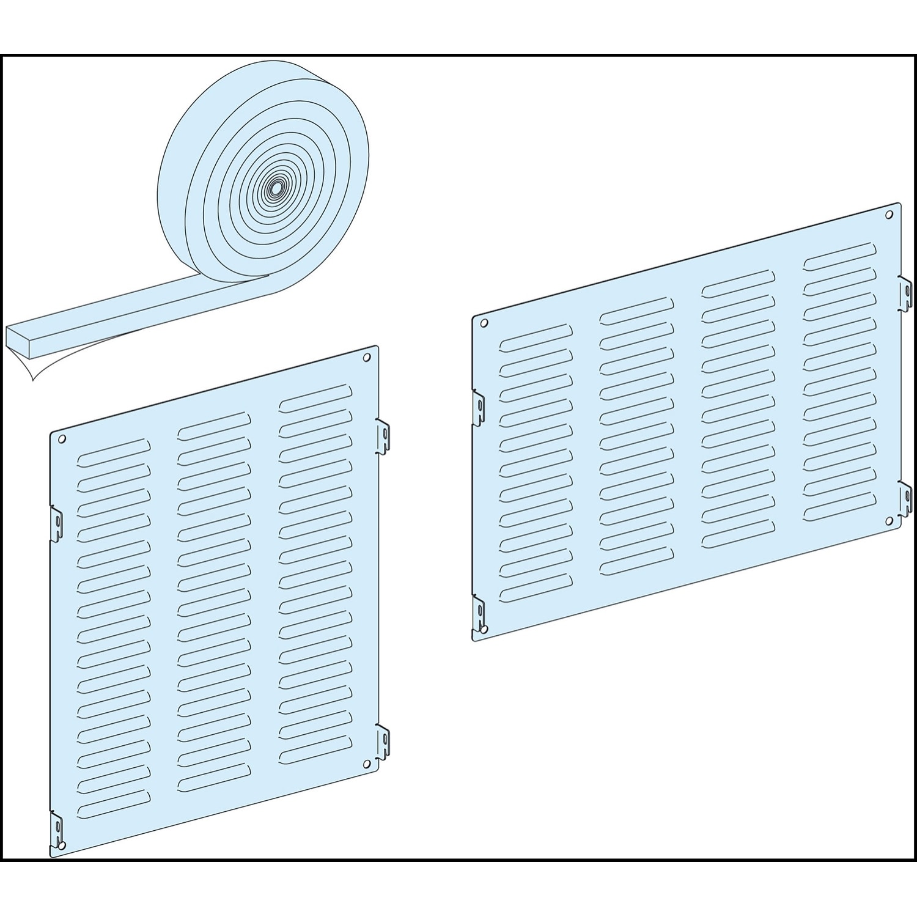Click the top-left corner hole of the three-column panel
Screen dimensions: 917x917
coord(62,438)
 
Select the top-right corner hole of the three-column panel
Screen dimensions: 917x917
coord(367,358)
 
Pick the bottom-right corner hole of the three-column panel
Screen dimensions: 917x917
coord(366,764)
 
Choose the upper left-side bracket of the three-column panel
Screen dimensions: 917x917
coord(56,522)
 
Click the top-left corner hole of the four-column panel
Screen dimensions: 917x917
coord(484,323)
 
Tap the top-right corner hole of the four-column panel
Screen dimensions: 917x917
coord(889,215)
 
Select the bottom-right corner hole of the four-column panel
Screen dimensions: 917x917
coord(888,520)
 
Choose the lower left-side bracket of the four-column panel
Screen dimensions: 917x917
coord(479,611)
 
